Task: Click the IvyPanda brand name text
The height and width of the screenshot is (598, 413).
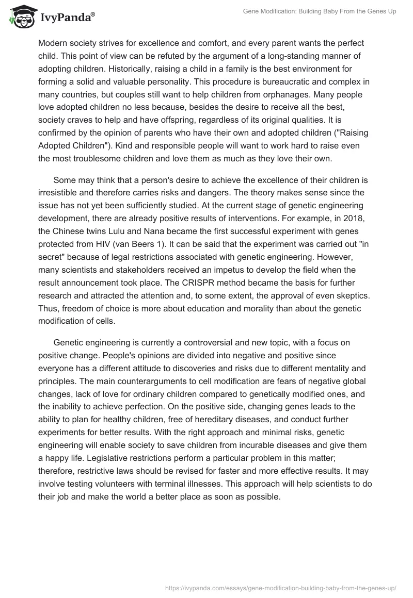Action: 66,18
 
